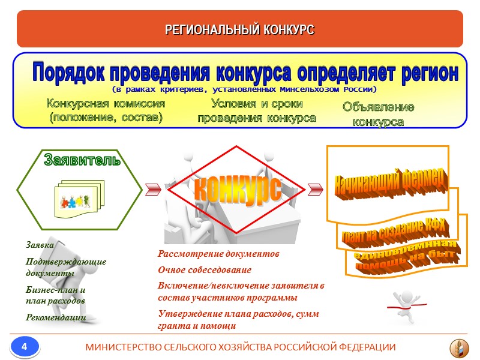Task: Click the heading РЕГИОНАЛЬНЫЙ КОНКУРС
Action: click(240, 29)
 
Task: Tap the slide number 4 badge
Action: click(25, 346)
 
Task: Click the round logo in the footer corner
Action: click(460, 347)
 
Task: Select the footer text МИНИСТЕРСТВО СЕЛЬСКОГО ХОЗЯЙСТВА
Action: click(241, 347)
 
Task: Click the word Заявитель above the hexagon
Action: click(82, 160)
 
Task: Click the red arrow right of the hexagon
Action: click(152, 189)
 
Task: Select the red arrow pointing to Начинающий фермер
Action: click(314, 189)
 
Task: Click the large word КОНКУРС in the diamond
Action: click(235, 190)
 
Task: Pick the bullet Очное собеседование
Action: click(205, 270)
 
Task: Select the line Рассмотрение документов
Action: click(218, 254)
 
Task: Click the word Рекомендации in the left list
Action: click(56, 317)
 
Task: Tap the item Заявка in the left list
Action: click(40, 245)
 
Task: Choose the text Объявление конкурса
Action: click(378, 114)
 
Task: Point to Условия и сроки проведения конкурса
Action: click(257, 110)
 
